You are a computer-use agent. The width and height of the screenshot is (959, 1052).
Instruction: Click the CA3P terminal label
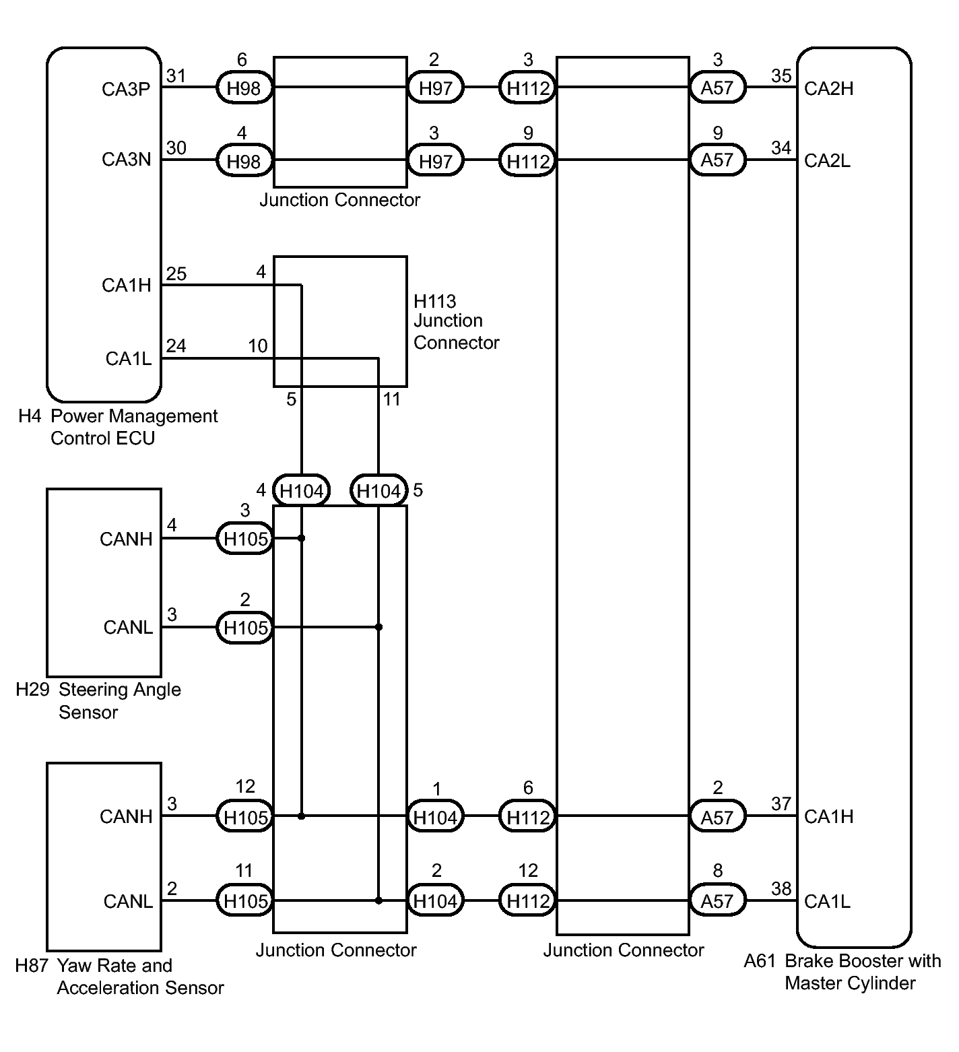[126, 89]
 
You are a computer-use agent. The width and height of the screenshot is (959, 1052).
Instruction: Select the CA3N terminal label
[126, 160]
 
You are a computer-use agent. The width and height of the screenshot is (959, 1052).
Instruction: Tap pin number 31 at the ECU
[176, 76]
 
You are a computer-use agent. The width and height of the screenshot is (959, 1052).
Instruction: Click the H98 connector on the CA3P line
[244, 88]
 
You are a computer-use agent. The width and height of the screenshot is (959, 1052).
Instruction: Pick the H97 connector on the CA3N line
[435, 161]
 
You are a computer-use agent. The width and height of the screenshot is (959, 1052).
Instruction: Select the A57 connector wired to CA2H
[717, 88]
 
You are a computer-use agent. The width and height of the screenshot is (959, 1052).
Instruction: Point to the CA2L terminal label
[827, 161]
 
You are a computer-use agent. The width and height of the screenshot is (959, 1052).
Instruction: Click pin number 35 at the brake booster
[781, 76]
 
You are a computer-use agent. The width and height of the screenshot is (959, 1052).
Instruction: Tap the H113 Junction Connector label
[456, 321]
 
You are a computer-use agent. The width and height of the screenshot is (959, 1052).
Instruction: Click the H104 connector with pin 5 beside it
[378, 491]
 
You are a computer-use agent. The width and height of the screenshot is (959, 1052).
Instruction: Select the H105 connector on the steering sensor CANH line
[245, 539]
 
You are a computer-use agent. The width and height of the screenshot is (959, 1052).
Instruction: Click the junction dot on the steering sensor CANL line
[378, 627]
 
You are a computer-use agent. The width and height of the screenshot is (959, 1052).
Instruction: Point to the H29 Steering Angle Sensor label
[98, 700]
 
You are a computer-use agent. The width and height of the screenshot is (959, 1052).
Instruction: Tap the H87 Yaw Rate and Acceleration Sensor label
[119, 977]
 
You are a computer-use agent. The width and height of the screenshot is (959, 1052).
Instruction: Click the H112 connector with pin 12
[528, 901]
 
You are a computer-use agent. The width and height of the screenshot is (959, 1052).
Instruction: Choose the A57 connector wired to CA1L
[717, 901]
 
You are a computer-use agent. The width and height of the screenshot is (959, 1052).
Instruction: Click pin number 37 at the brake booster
[781, 803]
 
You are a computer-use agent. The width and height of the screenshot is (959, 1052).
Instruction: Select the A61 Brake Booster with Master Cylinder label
[842, 971]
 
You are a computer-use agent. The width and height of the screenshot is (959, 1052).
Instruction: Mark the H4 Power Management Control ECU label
[118, 427]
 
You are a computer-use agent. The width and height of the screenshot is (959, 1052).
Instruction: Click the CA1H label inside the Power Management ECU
[126, 286]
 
